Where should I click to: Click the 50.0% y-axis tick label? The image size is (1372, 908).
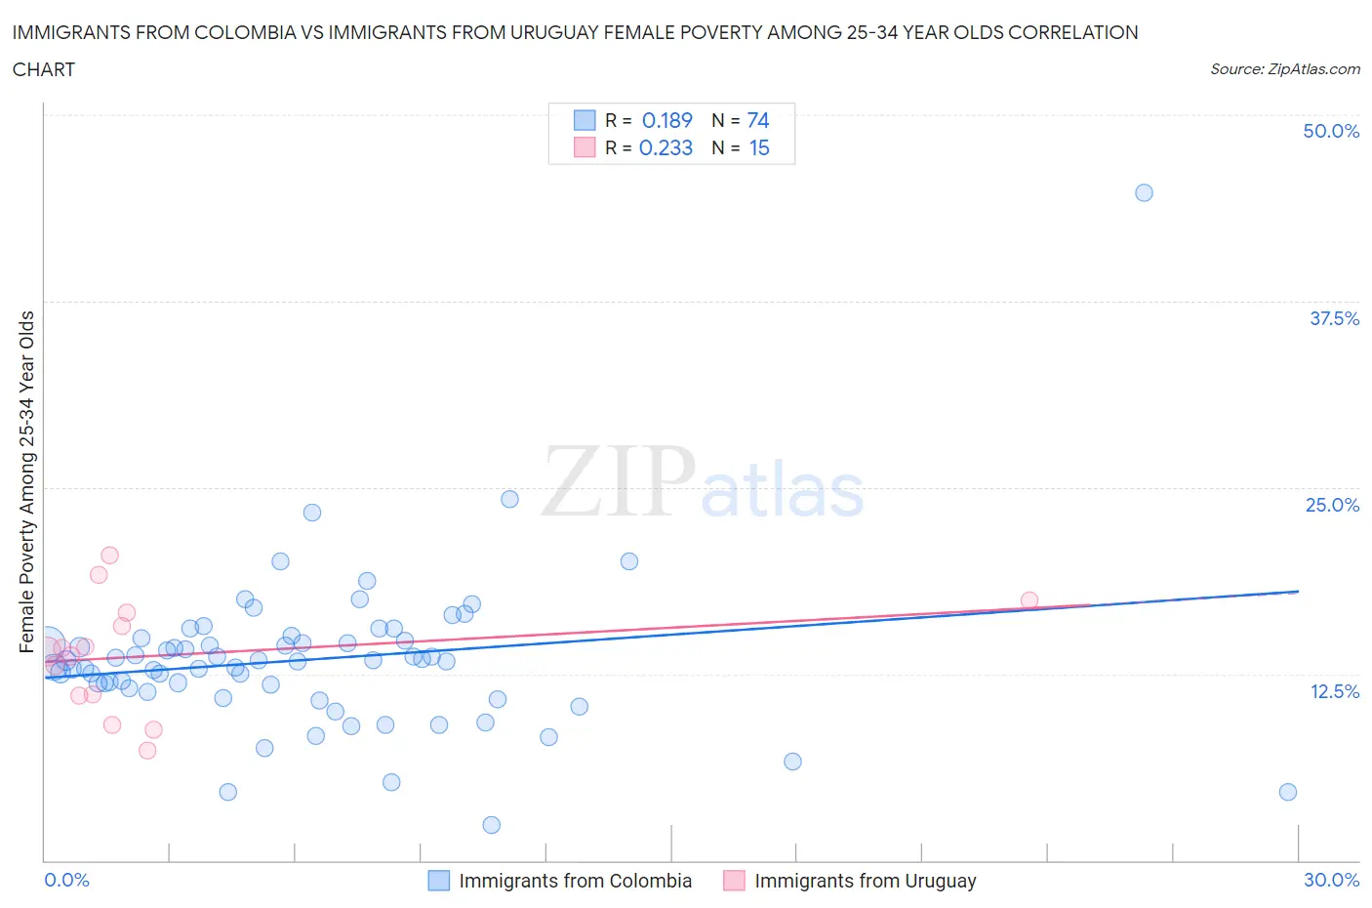[x=1331, y=131]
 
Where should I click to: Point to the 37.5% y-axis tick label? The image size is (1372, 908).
[x=1334, y=318]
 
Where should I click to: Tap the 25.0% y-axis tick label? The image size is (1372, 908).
[x=1332, y=505]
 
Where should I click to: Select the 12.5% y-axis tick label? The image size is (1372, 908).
[x=1334, y=691]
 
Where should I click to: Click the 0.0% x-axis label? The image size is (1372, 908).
[x=66, y=880]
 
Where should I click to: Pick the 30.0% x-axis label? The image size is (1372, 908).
[x=1331, y=880]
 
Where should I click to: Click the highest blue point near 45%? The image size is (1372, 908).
[x=1144, y=192]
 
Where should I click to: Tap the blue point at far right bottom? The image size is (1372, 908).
[x=1287, y=792]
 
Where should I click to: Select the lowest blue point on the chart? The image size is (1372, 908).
[x=492, y=825]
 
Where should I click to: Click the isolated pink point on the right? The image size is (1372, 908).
[x=1029, y=600]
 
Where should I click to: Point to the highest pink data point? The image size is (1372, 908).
[x=109, y=555]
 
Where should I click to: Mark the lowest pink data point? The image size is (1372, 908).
[x=147, y=750]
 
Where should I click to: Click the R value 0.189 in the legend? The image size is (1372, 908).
[x=666, y=120]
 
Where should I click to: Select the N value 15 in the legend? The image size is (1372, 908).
[x=759, y=147]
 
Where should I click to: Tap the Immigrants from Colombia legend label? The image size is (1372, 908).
[x=575, y=881]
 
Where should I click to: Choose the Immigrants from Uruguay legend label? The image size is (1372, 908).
[x=865, y=881]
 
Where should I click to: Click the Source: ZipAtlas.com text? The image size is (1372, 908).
[x=1284, y=68]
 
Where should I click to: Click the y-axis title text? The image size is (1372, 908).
[x=26, y=481]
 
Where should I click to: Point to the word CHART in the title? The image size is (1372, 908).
[x=44, y=69]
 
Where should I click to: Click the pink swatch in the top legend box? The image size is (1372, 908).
[x=584, y=147]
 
